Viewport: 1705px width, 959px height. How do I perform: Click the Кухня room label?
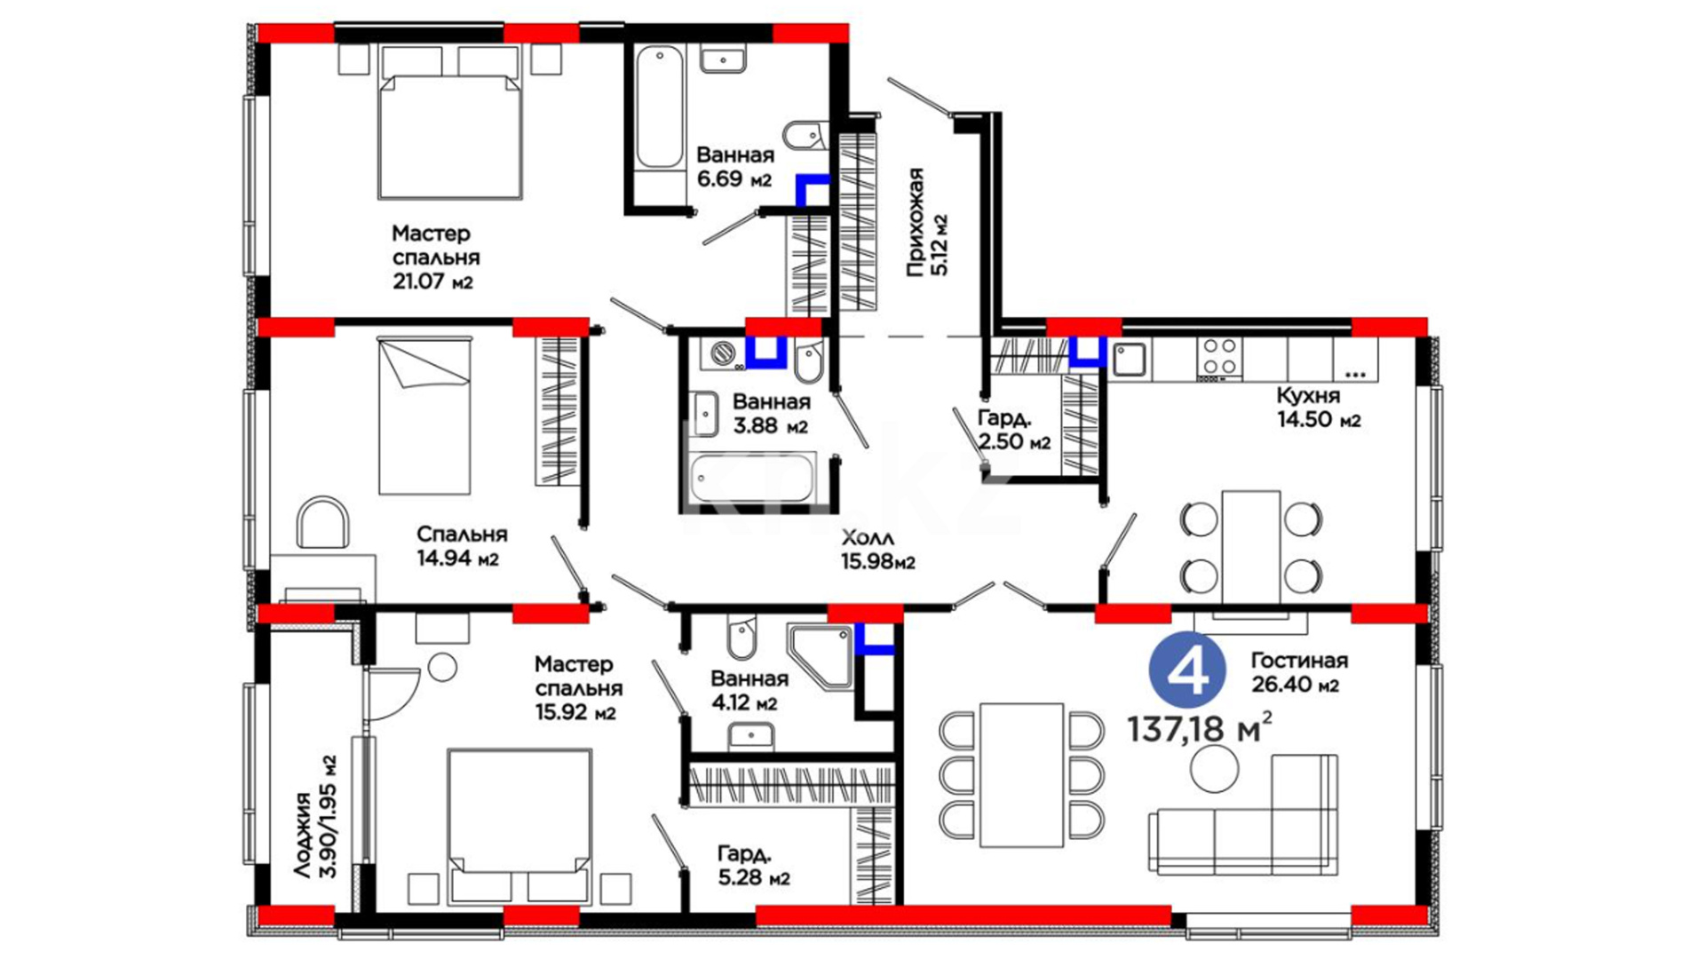coord(1308,395)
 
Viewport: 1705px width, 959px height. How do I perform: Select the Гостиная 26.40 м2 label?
coord(1299,672)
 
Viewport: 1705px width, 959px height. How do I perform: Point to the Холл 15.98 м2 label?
coord(877,550)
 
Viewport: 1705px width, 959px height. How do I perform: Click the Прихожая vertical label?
coord(927,222)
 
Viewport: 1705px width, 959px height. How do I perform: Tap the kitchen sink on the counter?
coord(1130,360)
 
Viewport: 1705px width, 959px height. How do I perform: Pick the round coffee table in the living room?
coord(1214,769)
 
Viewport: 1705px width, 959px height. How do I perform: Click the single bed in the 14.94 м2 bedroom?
coord(424,415)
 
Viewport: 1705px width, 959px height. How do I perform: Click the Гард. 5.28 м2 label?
coord(754,866)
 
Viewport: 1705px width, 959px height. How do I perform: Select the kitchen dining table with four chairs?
coord(1251,546)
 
